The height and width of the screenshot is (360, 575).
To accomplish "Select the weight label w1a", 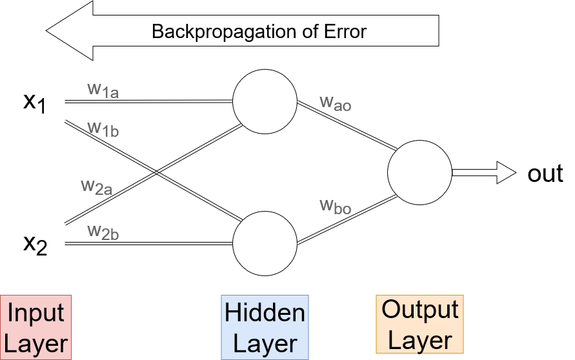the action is coord(103,90).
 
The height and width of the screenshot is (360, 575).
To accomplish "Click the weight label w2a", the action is coord(97,187).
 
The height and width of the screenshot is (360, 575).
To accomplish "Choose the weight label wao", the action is coord(336,103).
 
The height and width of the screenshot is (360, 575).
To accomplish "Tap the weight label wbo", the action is coord(336,206).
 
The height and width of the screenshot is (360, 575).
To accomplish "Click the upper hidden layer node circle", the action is coord(265,101).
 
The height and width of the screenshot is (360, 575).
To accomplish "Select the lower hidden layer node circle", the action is coord(265,243).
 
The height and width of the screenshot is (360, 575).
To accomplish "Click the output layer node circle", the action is coord(419,172).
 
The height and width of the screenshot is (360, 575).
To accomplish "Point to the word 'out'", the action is coord(545,174).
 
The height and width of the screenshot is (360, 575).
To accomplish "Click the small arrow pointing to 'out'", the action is coord(484,172).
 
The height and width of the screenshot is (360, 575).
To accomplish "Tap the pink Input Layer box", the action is coord(35,327).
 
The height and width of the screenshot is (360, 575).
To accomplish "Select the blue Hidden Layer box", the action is coord(265,327).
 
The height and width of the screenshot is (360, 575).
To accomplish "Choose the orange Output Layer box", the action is coord(420,324).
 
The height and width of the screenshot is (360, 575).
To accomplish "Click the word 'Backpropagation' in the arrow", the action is coord(224,32).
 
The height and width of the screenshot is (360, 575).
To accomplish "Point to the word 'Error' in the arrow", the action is coord(345,32).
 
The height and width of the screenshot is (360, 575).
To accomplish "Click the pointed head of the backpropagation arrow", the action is coord(46,31).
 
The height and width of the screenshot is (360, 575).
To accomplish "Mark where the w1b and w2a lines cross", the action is coord(156,172).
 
